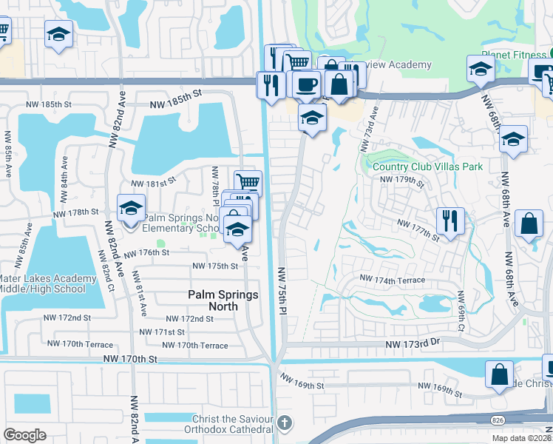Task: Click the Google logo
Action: click(24, 435)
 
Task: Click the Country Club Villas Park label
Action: click(422, 166)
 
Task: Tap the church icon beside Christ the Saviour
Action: click(285, 423)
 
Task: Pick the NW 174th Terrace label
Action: click(392, 280)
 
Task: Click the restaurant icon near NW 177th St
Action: click(449, 220)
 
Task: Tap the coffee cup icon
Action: click(305, 84)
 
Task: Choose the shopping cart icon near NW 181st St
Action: click(248, 182)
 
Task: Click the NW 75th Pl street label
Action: click(282, 292)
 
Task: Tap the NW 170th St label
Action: click(131, 359)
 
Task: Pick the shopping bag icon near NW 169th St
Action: click(500, 374)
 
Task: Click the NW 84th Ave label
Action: click(65, 173)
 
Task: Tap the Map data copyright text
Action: click(522, 438)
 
